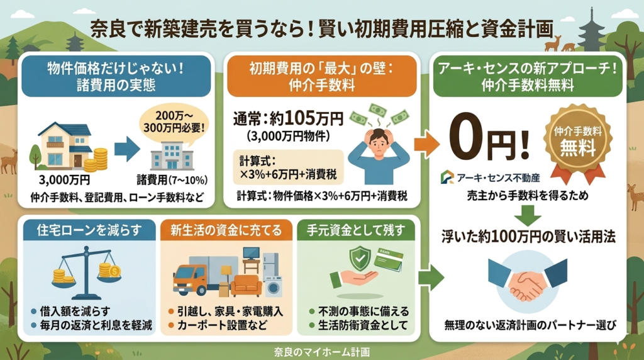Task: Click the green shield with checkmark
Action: coord(360,259)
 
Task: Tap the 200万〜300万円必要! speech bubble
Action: coord(174,123)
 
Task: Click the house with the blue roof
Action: coord(65,146)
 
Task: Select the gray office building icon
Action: coord(172,155)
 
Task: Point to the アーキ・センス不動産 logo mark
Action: coord(447,177)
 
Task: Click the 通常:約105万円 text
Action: coord(288,119)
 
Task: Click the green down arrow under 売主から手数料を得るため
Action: coord(528,215)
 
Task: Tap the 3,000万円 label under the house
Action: coord(64,180)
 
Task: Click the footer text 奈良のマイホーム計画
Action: coord(321,352)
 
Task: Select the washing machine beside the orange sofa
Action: coord(273,286)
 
